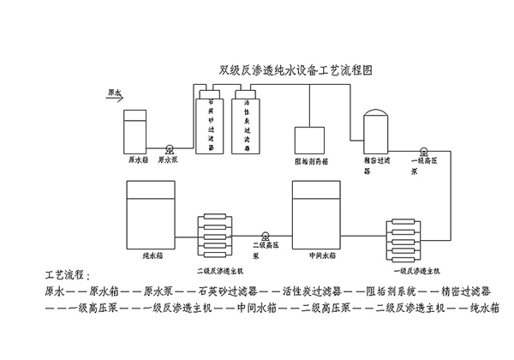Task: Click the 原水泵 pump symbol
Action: (171, 148)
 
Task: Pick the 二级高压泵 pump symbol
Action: (266, 232)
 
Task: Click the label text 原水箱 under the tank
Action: (137, 159)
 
